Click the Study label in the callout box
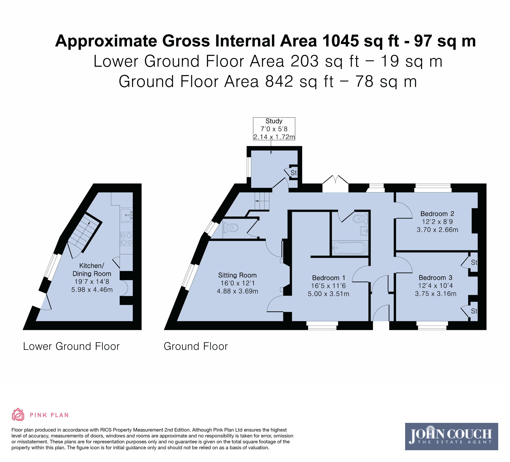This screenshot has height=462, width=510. pyautogui.click(x=274, y=121)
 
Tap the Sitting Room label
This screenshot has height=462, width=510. pyautogui.click(x=237, y=275)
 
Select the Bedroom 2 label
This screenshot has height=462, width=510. pyautogui.click(x=437, y=214)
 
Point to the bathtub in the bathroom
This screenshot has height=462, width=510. pyautogui.click(x=350, y=248)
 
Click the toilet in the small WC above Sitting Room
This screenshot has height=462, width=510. pyautogui.click(x=231, y=228)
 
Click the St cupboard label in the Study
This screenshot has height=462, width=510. pyautogui.click(x=293, y=173)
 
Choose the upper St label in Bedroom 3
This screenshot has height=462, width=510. pyautogui.click(x=474, y=263)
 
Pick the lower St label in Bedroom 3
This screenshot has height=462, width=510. pyautogui.click(x=474, y=311)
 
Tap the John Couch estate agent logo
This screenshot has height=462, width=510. pyautogui.click(x=451, y=436)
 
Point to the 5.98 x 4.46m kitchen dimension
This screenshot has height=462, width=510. pyautogui.click(x=92, y=290)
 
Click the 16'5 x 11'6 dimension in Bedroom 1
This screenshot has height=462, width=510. pyautogui.click(x=328, y=286)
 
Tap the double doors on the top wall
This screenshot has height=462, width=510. pyautogui.click(x=335, y=180)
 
